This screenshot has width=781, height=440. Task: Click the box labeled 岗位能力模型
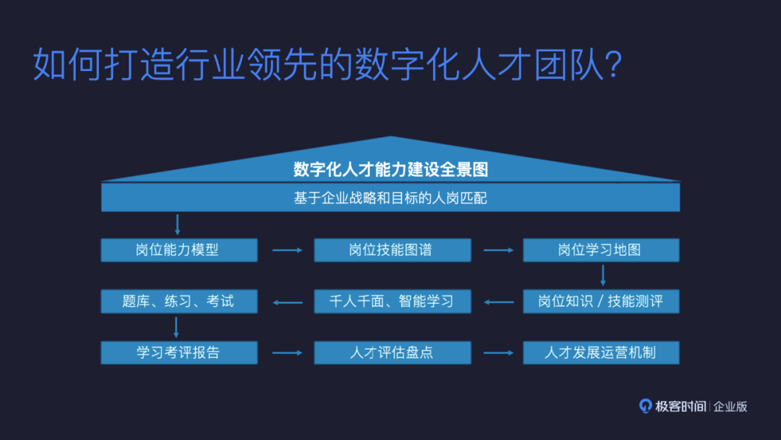click(x=179, y=250)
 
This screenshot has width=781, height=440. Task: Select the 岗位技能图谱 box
click(x=392, y=250)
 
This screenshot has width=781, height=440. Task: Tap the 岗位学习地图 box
click(x=601, y=250)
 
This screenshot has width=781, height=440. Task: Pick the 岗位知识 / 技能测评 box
click(x=601, y=301)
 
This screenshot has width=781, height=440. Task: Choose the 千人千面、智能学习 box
click(x=392, y=301)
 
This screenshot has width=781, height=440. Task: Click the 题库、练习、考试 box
click(x=179, y=301)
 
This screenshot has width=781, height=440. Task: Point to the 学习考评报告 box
click(x=179, y=352)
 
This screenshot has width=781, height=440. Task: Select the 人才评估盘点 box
click(x=392, y=352)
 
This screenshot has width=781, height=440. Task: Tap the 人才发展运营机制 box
click(x=601, y=352)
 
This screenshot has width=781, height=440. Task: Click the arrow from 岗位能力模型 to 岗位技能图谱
click(x=286, y=250)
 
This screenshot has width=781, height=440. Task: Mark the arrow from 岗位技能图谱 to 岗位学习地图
click(x=498, y=250)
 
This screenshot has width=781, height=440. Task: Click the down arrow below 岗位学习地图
click(x=602, y=276)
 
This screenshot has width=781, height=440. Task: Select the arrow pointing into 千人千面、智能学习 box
click(x=498, y=302)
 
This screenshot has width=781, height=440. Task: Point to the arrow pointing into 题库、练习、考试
click(x=286, y=302)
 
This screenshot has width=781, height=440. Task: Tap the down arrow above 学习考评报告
click(x=176, y=327)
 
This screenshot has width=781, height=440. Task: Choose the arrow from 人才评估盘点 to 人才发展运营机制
click(x=498, y=353)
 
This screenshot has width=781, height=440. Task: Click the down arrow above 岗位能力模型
click(x=177, y=225)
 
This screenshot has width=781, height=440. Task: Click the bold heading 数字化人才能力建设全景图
click(x=390, y=169)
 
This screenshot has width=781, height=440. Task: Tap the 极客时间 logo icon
click(x=645, y=406)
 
